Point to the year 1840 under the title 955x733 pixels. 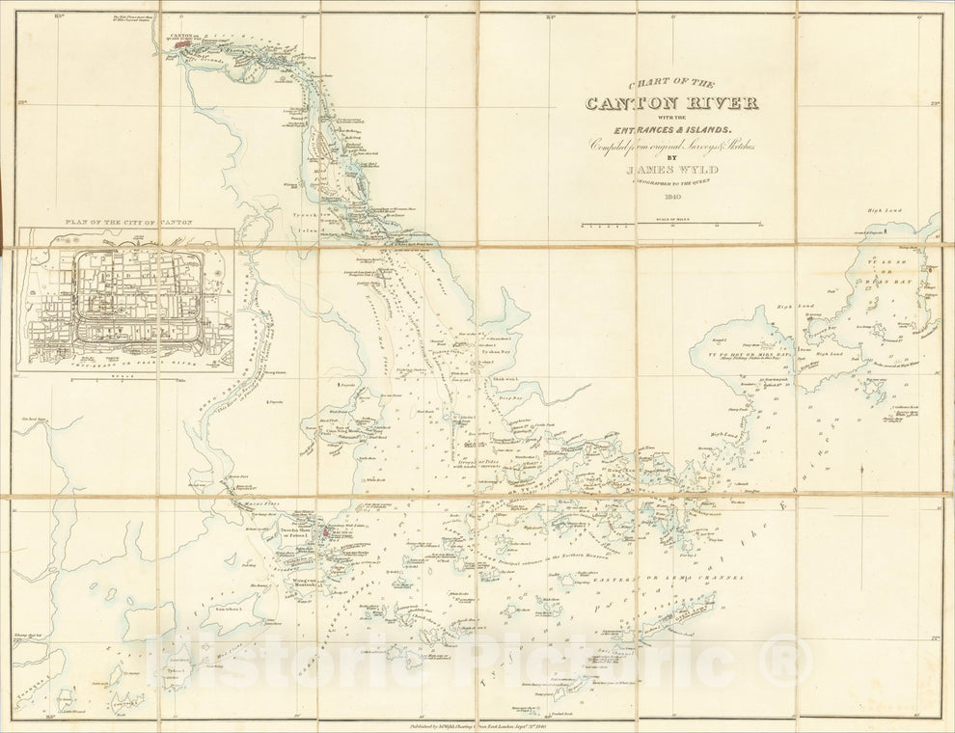click(x=672, y=196)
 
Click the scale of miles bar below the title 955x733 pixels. click(x=670, y=225)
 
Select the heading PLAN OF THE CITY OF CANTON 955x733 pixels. click(x=125, y=222)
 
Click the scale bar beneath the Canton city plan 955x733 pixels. click(x=125, y=378)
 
